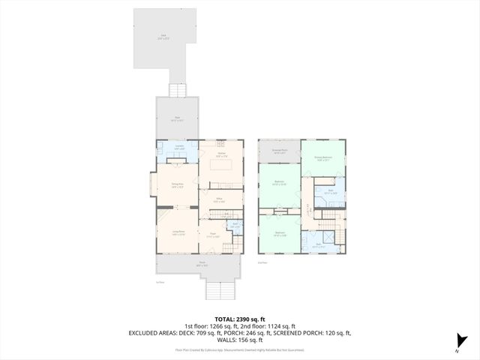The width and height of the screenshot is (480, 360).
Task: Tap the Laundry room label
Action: [x=178, y=148]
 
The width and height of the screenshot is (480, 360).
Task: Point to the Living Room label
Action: [x=177, y=234]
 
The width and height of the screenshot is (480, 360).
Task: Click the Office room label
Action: [x=219, y=200]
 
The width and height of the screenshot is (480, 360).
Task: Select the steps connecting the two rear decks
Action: [x=178, y=90]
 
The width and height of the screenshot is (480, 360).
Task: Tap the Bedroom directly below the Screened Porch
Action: [x=279, y=184]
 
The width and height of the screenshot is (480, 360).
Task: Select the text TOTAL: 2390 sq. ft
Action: [x=240, y=319]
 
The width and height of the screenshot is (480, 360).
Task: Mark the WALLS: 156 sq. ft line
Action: [x=240, y=339]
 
